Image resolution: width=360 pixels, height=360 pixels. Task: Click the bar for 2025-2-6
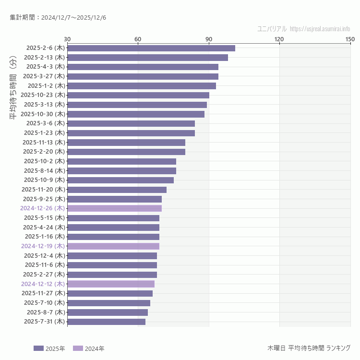(151, 48)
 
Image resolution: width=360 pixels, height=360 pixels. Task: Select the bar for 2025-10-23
(138, 95)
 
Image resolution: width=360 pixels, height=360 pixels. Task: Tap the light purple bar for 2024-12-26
(114, 208)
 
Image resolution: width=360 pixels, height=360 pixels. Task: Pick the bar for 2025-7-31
(106, 322)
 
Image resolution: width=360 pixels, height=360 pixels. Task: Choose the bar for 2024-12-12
(111, 284)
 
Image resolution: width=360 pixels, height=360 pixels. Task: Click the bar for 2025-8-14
(121, 170)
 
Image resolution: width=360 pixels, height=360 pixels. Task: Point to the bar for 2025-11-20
(117, 190)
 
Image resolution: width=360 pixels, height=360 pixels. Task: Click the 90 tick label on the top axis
(209, 39)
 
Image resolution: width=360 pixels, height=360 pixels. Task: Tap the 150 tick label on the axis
(350, 39)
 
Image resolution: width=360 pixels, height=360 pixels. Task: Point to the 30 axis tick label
(67, 39)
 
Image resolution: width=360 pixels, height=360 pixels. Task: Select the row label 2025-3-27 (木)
(44, 76)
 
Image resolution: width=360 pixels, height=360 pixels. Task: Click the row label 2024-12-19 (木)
(43, 246)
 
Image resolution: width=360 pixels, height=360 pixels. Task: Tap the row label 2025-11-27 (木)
(43, 293)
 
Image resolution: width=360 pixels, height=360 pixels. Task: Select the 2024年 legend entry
(89, 348)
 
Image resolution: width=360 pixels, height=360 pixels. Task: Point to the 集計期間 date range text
(58, 17)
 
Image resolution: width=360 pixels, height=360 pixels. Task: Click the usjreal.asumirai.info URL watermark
(320, 29)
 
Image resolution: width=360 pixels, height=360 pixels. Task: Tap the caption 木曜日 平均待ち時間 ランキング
(309, 348)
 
